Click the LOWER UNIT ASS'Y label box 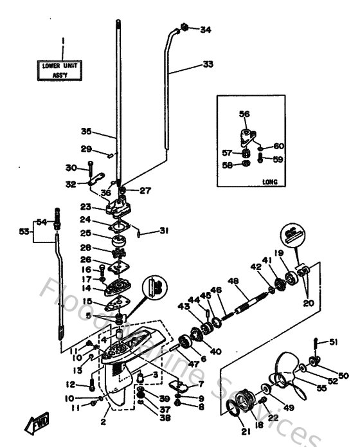coord(63,69)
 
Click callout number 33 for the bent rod coord(207,64)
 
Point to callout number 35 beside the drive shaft coord(87,132)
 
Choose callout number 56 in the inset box coord(244,114)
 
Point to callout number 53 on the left coord(24,230)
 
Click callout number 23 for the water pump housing coord(85,207)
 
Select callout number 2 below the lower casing coord(102,423)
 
